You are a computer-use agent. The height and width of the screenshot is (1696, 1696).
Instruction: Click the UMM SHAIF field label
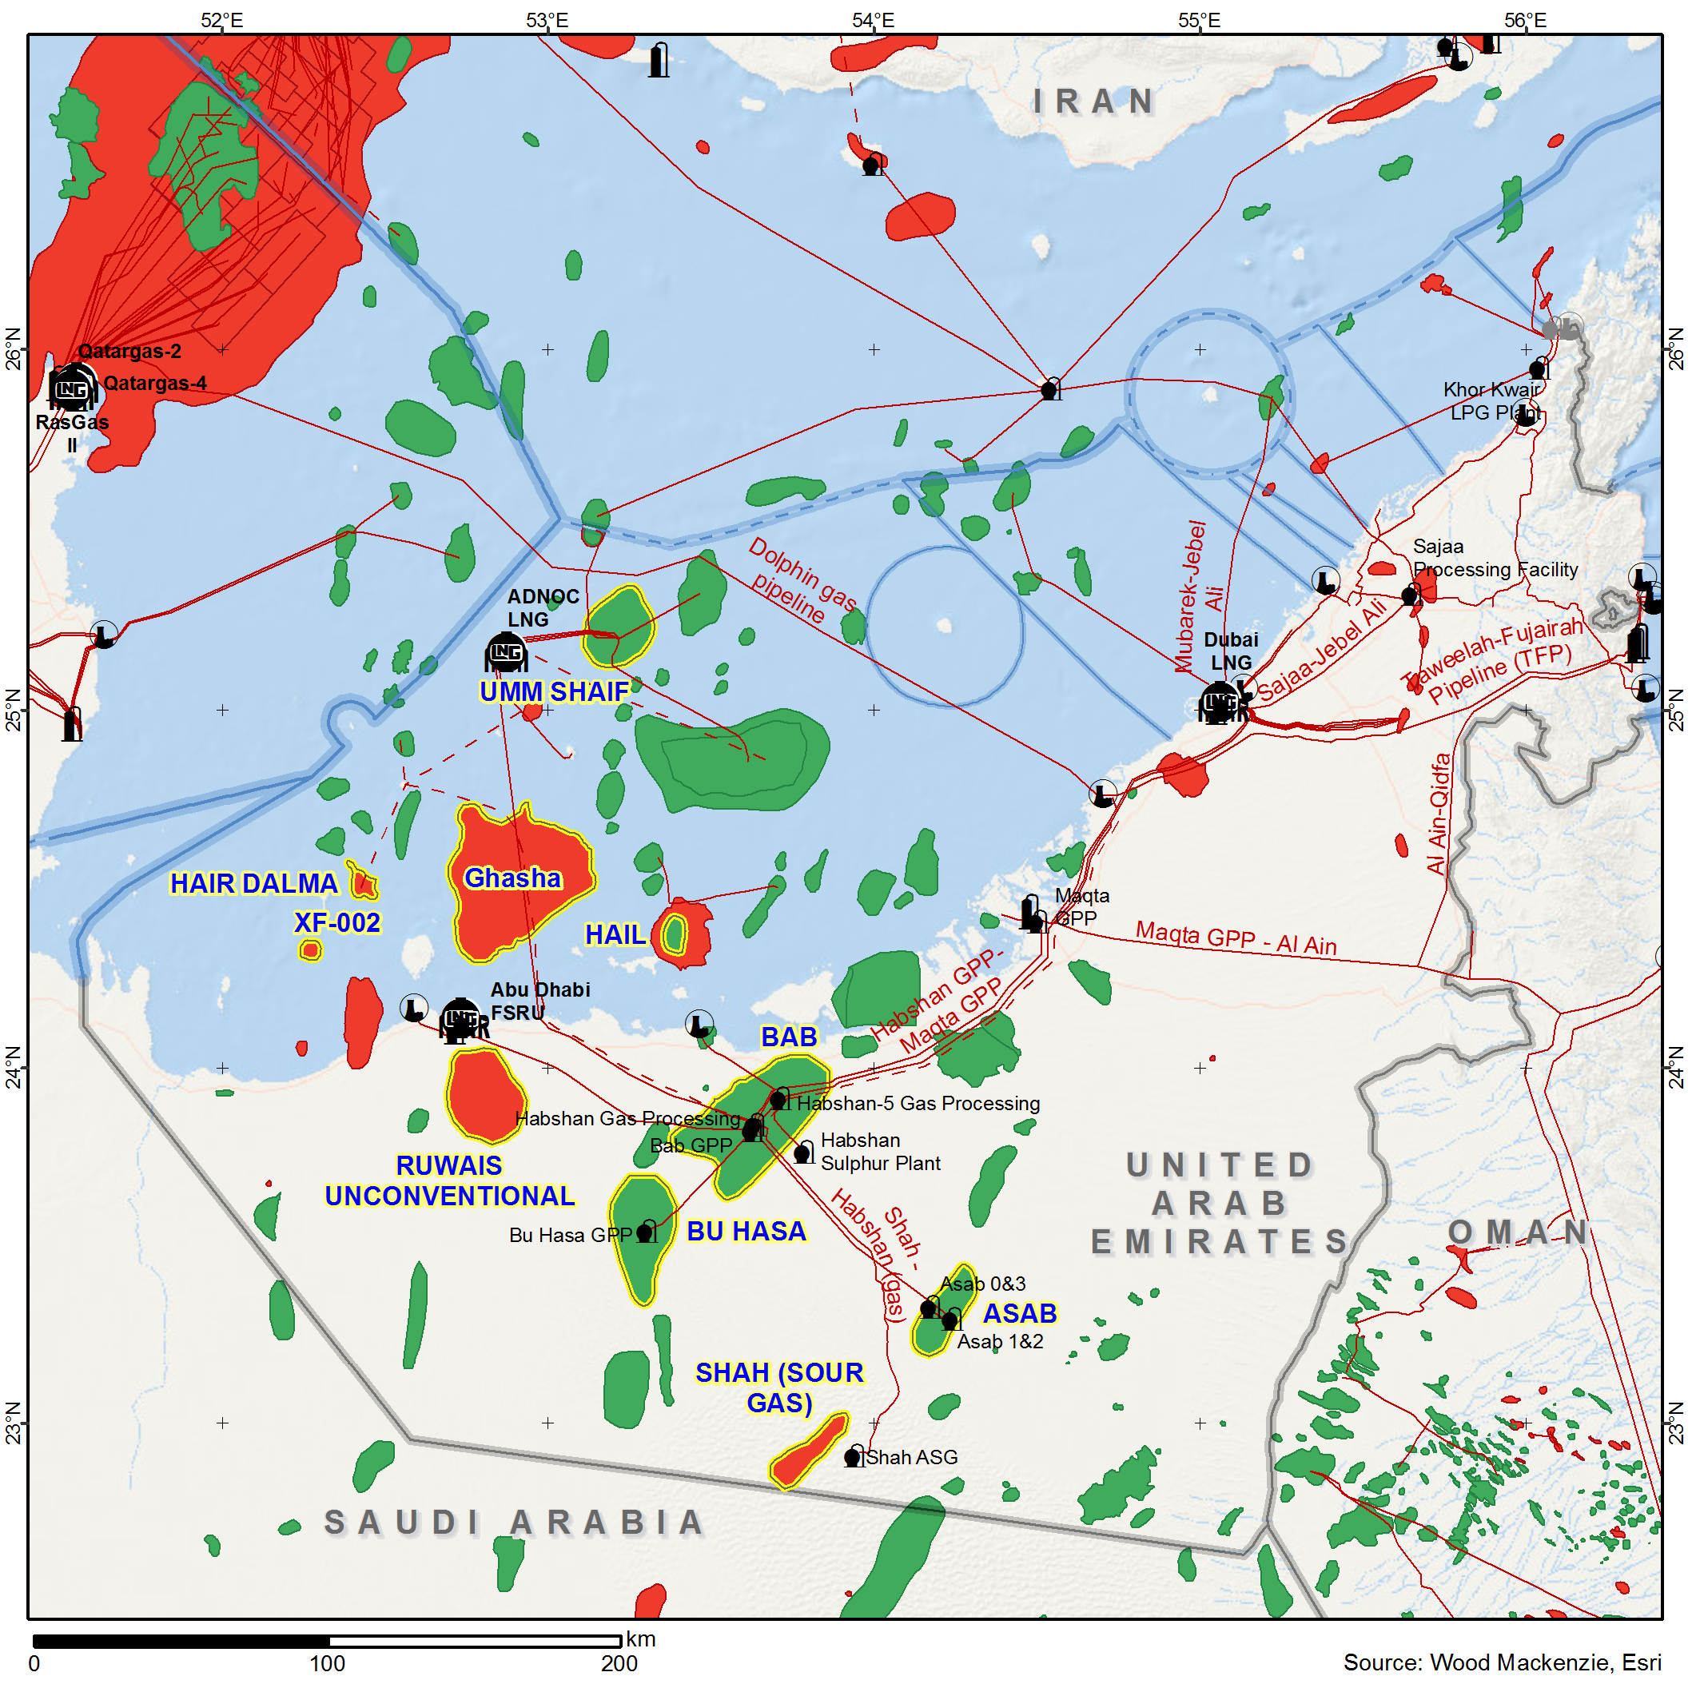(x=554, y=691)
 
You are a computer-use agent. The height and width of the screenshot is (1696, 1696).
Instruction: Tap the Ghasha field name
(x=512, y=878)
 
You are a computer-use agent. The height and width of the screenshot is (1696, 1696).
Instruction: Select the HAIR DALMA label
(x=253, y=883)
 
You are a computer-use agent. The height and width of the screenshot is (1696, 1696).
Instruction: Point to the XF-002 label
(x=337, y=922)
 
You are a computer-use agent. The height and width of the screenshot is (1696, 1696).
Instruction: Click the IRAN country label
(x=1093, y=102)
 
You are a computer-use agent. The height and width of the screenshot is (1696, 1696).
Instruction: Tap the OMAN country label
(x=1518, y=1232)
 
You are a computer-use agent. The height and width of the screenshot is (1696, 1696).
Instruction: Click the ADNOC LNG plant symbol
(x=507, y=653)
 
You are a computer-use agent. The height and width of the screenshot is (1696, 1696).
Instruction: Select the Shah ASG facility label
(x=912, y=1457)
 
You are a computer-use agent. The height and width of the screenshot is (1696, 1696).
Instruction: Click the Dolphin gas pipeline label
(x=801, y=581)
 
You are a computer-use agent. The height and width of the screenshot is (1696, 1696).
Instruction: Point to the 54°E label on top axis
(x=873, y=20)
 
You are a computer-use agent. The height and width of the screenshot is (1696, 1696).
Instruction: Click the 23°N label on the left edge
(x=12, y=1422)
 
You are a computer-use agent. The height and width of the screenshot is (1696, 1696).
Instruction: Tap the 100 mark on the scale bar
(x=327, y=1663)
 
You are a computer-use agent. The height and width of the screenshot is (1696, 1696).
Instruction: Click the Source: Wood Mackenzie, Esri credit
(x=1502, y=1662)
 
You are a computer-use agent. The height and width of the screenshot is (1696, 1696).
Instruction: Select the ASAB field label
(x=1019, y=1313)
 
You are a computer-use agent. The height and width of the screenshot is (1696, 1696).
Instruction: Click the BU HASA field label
(x=746, y=1232)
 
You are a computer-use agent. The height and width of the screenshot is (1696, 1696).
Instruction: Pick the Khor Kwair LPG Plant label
(x=1491, y=400)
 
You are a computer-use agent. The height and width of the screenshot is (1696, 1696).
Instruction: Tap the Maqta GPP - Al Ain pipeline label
(x=1236, y=938)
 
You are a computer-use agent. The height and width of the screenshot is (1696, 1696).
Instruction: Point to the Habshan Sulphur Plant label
(x=880, y=1152)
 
